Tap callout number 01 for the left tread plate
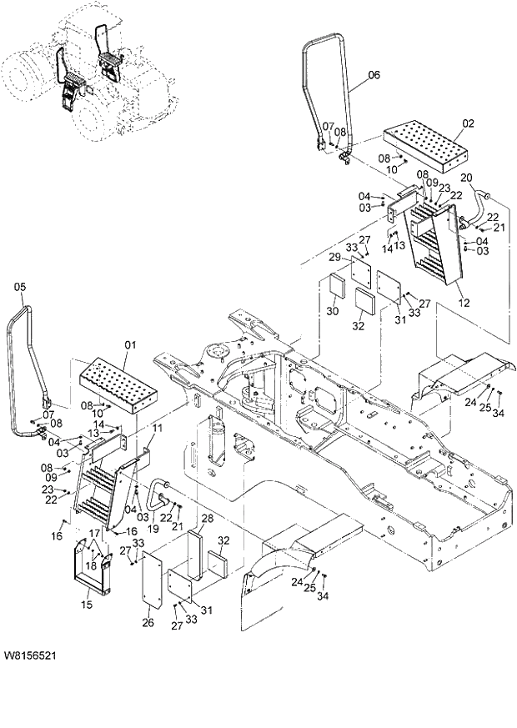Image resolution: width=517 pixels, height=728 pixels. (129, 344)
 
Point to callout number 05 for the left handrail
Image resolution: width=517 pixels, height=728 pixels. (21, 287)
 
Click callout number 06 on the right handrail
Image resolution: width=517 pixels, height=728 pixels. (373, 74)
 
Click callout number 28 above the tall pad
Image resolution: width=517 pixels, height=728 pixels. (207, 520)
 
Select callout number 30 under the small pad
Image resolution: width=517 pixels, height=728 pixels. (332, 311)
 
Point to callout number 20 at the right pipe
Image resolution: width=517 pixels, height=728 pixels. (466, 177)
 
